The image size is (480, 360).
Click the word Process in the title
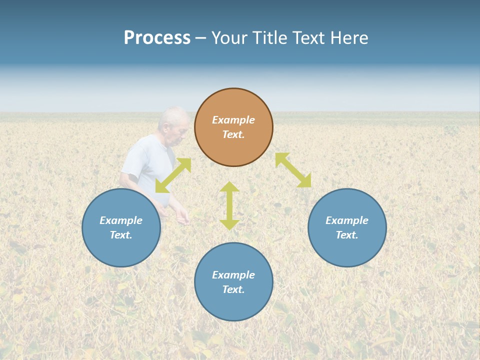(157, 38)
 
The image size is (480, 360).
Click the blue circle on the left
(121, 250)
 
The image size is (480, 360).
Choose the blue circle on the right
(347, 250)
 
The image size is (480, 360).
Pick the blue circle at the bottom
(233, 305)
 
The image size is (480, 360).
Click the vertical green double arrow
(229, 205)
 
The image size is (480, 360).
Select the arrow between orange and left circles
(173, 175)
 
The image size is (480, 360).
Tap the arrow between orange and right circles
(293, 170)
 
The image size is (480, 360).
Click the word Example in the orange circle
(233, 120)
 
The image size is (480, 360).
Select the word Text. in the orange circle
(233, 134)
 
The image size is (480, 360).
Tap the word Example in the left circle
(121, 220)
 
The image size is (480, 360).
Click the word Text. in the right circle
(347, 235)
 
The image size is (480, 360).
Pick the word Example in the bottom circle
(233, 275)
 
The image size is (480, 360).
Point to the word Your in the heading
(229, 38)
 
